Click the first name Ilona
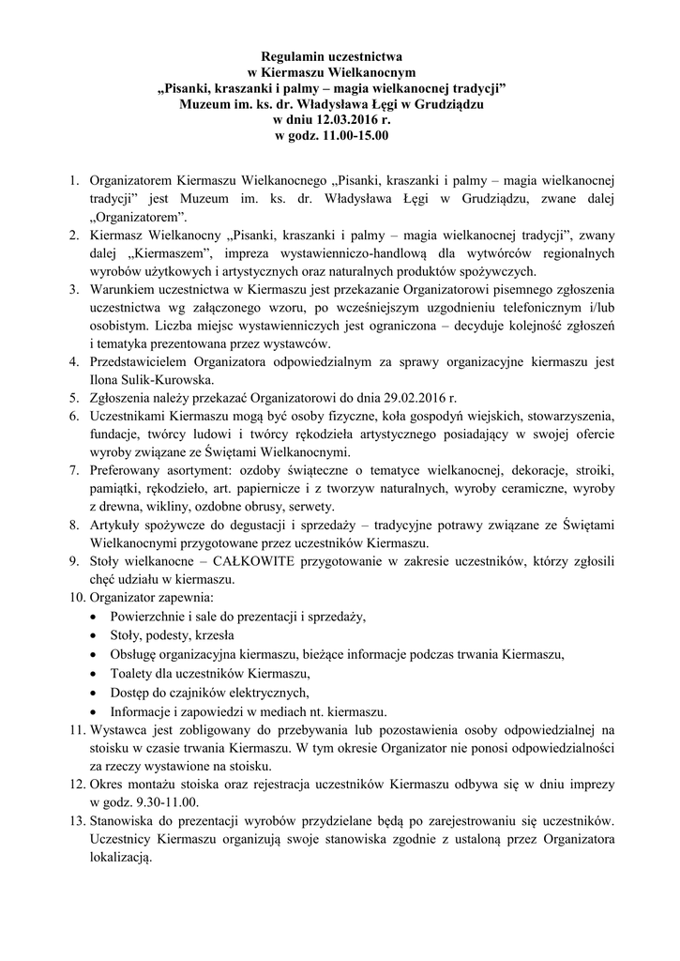coord(105,380)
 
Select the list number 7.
coord(72,470)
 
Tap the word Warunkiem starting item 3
coord(127,290)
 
